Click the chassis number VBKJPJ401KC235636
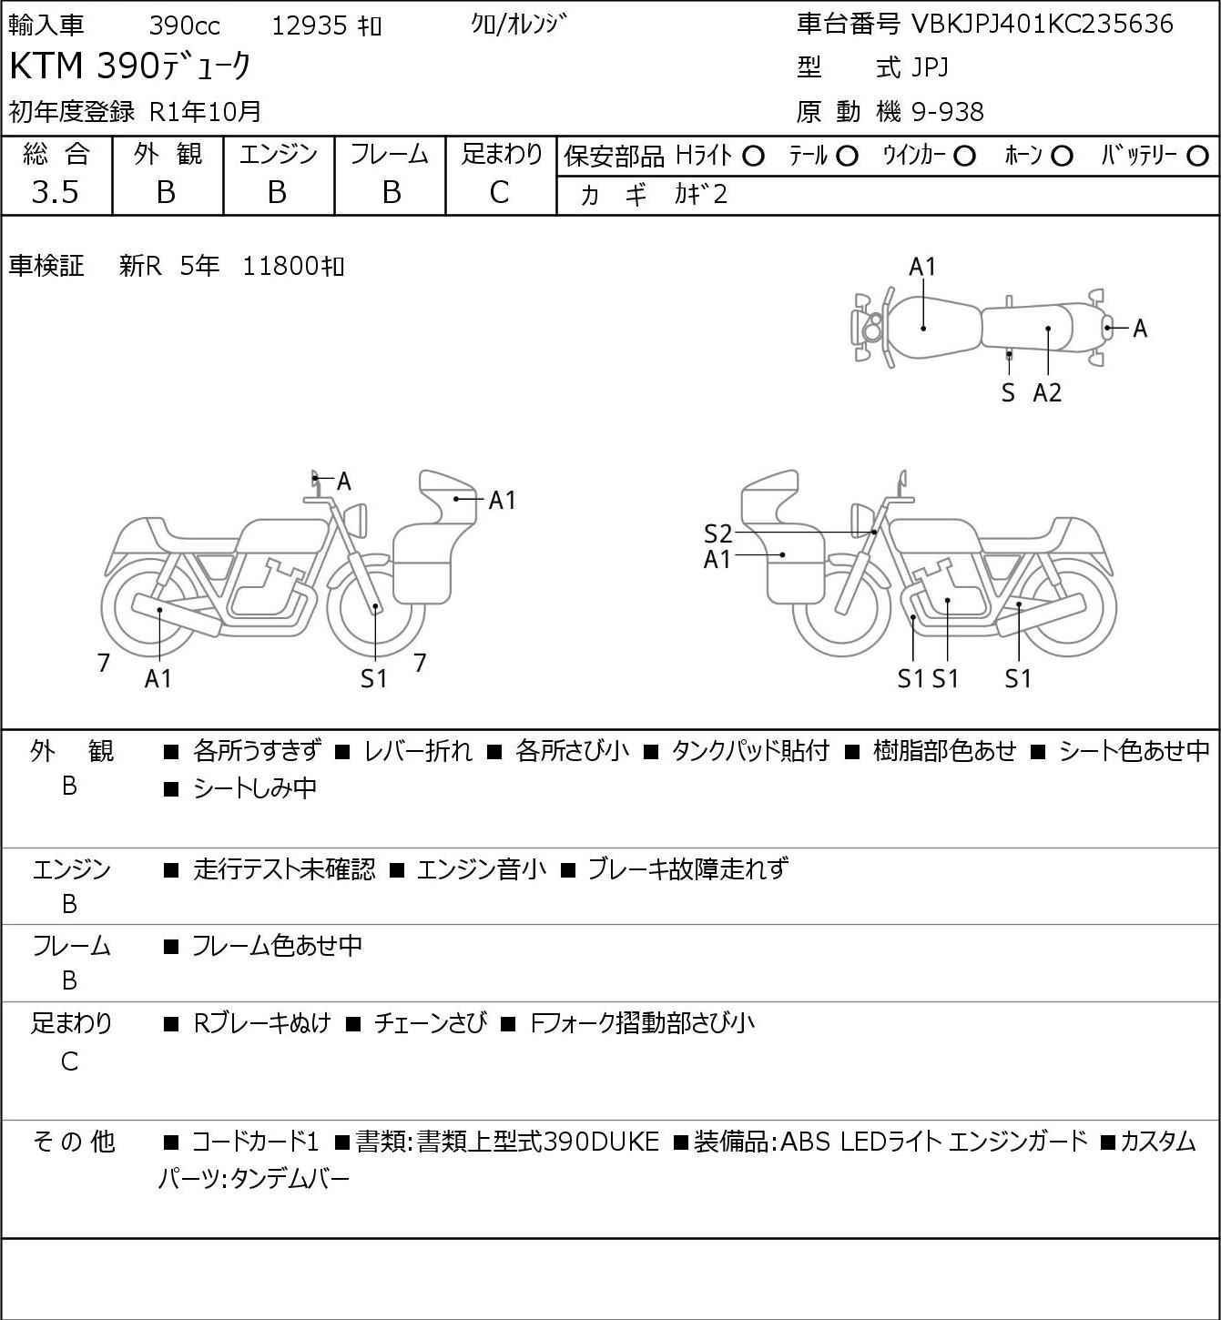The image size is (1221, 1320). [x=1043, y=25]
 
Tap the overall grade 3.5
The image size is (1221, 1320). [x=56, y=192]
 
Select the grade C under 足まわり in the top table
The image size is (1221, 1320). [x=500, y=192]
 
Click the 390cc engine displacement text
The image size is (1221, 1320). [x=184, y=25]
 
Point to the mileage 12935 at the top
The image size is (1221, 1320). [x=310, y=25]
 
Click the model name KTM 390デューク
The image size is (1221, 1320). [x=130, y=66]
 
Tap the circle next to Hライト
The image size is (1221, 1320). [x=753, y=157]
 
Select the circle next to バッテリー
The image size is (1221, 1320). [x=1197, y=157]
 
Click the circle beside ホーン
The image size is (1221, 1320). [x=1062, y=157]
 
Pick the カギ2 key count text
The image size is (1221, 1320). [x=701, y=195]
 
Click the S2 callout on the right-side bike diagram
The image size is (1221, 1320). [x=717, y=533]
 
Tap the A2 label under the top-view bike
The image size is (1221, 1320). [x=1047, y=392]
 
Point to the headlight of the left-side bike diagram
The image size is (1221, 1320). [x=356, y=521]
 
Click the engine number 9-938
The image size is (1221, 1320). [x=948, y=112]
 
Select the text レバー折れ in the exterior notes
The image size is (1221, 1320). [x=418, y=751]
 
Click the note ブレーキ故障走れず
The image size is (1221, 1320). [x=688, y=868]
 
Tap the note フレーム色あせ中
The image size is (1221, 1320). [x=277, y=945]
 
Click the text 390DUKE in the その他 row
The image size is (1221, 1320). [x=602, y=1142]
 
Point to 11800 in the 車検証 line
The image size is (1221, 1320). [x=280, y=266]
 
